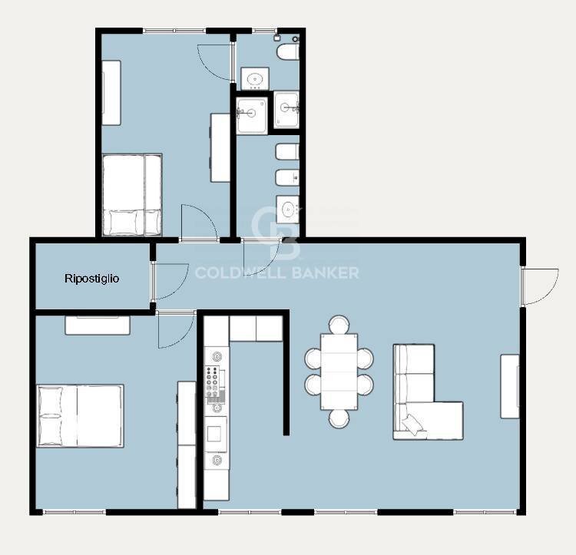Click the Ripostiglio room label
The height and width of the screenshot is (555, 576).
click(x=91, y=279)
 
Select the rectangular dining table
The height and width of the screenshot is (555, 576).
click(x=339, y=372)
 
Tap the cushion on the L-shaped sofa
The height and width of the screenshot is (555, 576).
click(x=412, y=424)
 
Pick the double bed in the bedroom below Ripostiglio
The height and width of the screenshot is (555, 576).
click(x=80, y=416)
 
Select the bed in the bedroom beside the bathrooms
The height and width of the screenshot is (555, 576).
click(x=132, y=194)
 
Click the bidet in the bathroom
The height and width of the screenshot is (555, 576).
click(x=287, y=177)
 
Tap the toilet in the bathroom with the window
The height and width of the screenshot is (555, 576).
click(x=288, y=51)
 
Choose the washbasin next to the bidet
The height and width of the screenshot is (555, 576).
click(x=288, y=210)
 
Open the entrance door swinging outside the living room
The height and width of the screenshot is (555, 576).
click(x=540, y=286)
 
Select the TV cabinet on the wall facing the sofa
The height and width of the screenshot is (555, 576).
click(x=510, y=386)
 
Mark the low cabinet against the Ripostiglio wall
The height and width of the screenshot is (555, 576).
click(x=98, y=325)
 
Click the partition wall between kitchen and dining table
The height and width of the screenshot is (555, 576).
click(x=286, y=372)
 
